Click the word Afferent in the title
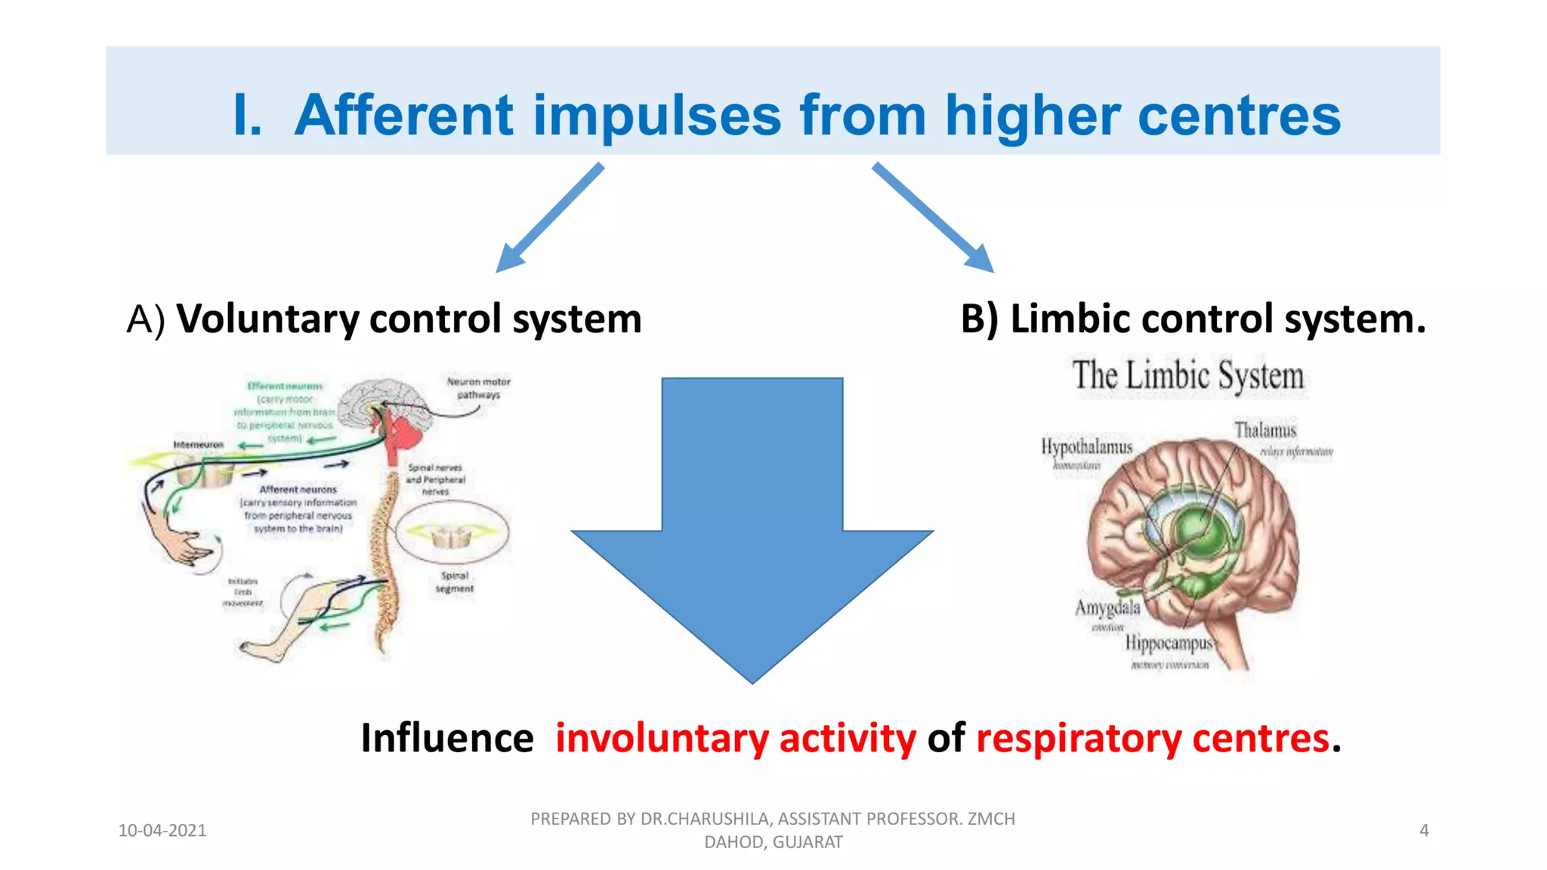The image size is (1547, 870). point(404,116)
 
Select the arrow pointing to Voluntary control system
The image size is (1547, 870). point(549,217)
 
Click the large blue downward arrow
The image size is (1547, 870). point(752,529)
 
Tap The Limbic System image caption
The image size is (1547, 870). point(1188,376)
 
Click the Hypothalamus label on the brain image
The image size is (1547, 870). point(1086,447)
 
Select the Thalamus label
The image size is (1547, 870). point(1265,430)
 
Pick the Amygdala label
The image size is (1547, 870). point(1107,608)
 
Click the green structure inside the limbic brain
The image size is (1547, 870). point(1197,529)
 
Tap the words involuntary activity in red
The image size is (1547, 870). point(736,738)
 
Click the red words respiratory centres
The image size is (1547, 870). point(1153,738)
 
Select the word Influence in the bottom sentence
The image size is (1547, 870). point(447,738)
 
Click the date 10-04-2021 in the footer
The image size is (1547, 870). point(162,831)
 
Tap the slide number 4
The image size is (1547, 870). point(1424,831)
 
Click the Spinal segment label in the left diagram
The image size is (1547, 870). point(455,582)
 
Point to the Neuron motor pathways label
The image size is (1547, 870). point(478,387)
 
